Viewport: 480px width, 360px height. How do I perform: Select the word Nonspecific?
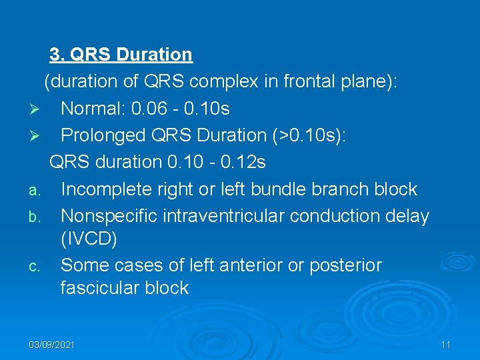[109, 216]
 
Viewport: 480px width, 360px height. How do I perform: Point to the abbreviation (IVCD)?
[89, 239]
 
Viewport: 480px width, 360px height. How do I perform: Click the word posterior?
[348, 265]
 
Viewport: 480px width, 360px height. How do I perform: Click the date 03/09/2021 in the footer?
[52, 345]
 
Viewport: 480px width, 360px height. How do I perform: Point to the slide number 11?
[446, 345]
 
